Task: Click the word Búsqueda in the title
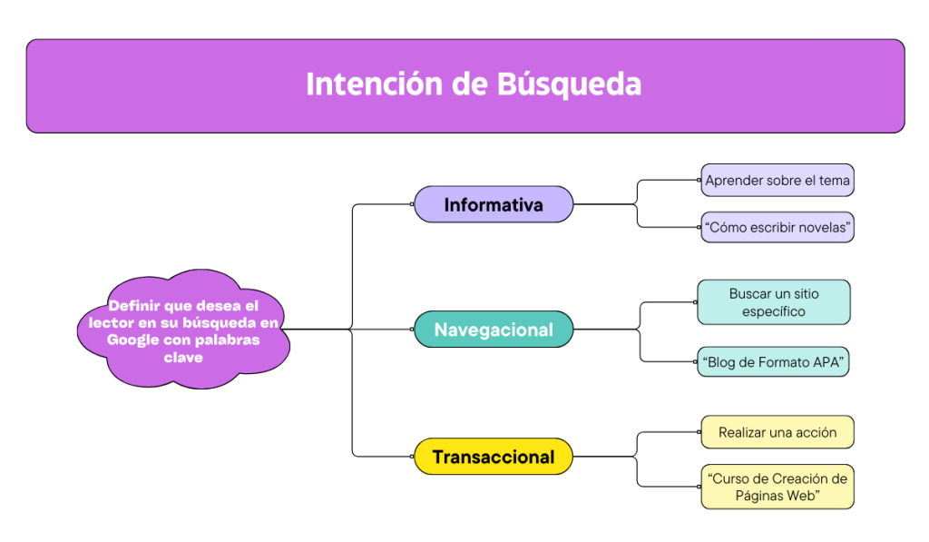569,84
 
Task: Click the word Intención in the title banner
375,84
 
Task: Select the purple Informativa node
494,204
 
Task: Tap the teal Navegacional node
494,330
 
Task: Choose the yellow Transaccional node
494,457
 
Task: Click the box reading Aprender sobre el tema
777,181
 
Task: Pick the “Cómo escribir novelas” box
777,227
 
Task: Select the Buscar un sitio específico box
774,302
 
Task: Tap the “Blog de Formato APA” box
773,361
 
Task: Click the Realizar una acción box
777,432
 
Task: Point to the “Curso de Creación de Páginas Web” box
777,487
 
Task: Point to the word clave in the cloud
183,358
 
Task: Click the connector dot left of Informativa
412,204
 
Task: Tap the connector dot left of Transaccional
412,456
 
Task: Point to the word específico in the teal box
774,312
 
